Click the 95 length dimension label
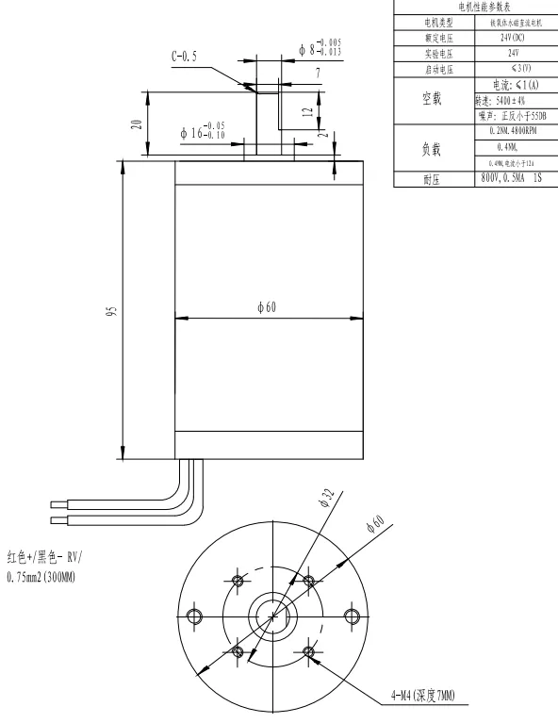click(x=111, y=311)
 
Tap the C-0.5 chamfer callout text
click(x=185, y=57)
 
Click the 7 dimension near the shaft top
click(x=318, y=72)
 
